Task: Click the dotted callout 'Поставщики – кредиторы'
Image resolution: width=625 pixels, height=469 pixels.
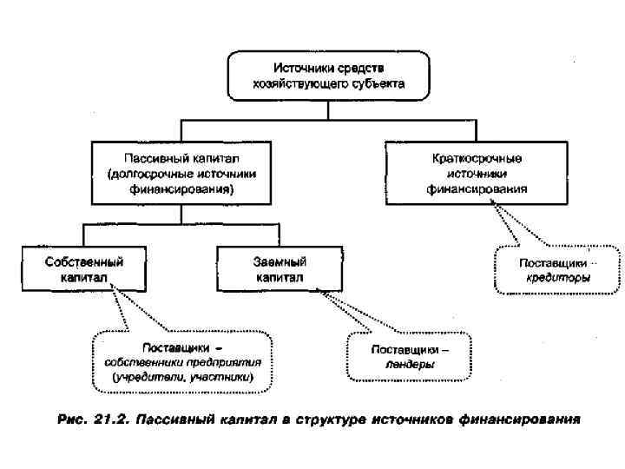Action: pyautogui.click(x=557, y=270)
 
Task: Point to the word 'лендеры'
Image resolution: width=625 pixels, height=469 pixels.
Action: pyautogui.click(x=410, y=366)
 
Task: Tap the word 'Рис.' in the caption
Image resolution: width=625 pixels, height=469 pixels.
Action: pyautogui.click(x=72, y=420)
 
